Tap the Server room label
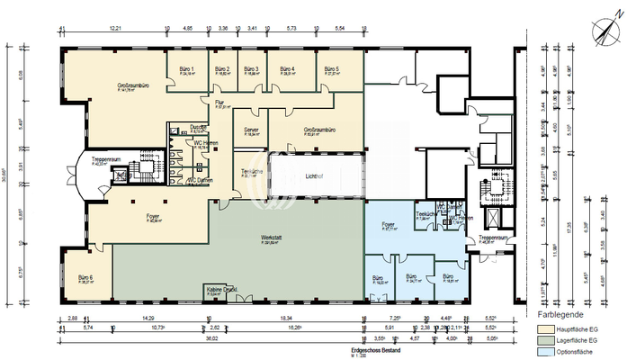(251, 130)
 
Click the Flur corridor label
(219, 104)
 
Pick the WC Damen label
(200, 181)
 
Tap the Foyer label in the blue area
(388, 225)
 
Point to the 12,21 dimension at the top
(115, 29)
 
